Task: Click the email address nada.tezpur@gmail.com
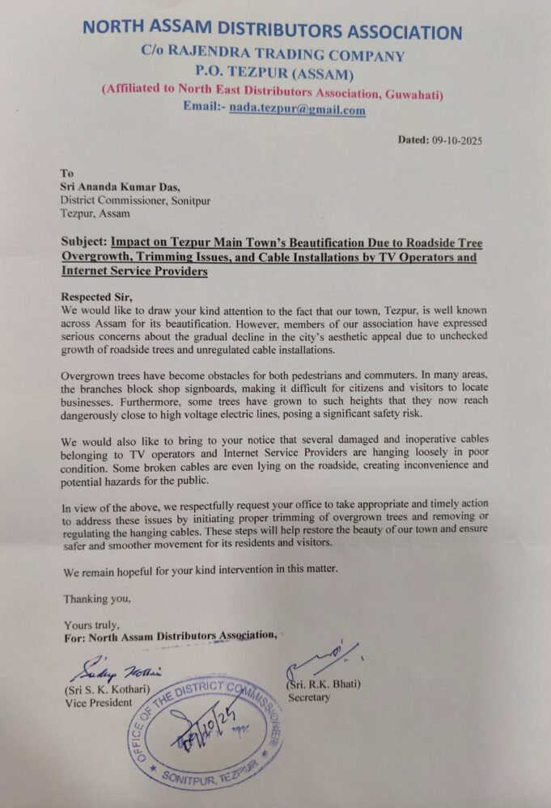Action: [296, 110]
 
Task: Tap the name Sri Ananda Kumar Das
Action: [117, 188]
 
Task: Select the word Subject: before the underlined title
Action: [84, 242]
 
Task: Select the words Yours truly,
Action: [91, 625]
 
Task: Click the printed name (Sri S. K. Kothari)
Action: [110, 689]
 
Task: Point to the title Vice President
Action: [98, 702]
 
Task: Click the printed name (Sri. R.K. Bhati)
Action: [324, 684]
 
